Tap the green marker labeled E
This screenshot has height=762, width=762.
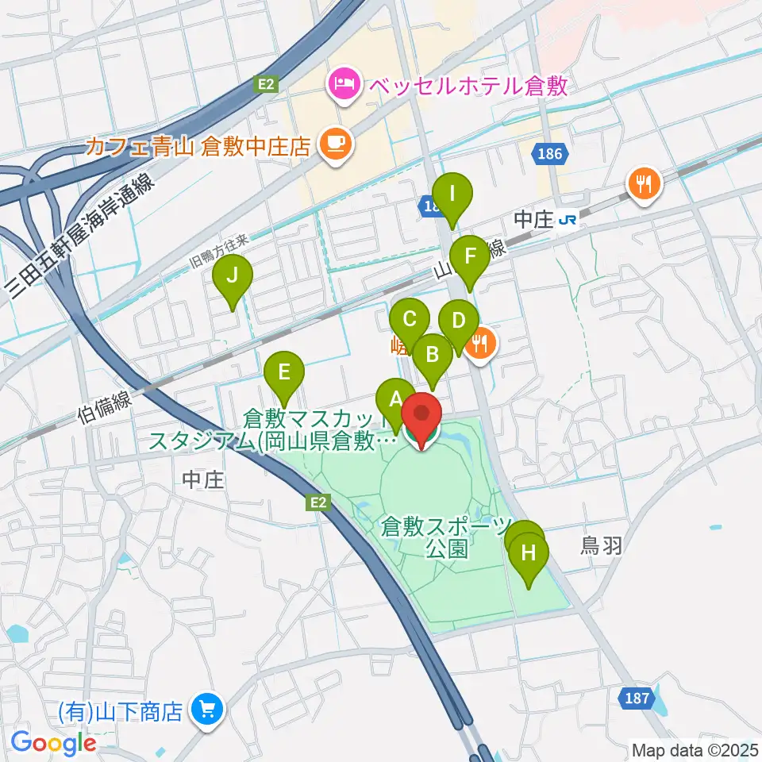click(x=284, y=372)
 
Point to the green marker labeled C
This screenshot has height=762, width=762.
click(x=410, y=321)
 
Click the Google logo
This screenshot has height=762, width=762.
click(x=53, y=742)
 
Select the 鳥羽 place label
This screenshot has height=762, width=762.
click(x=600, y=546)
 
